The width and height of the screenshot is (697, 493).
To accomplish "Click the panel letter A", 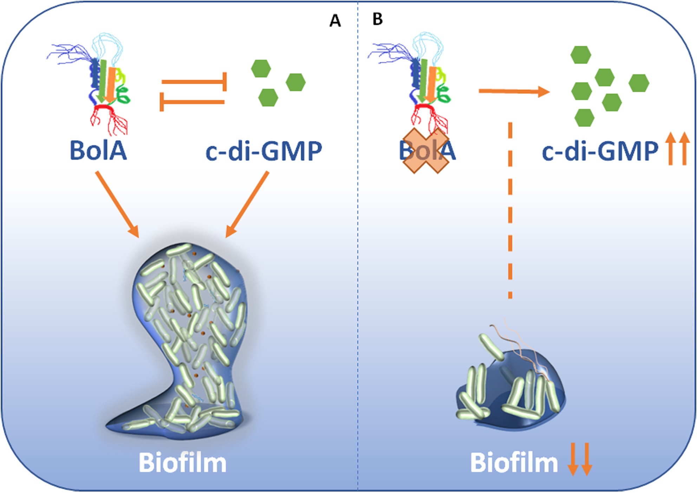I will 335,21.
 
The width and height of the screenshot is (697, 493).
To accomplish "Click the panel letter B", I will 377,19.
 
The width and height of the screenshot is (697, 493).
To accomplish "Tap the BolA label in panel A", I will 98,151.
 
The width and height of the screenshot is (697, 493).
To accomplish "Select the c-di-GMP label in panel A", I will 263,151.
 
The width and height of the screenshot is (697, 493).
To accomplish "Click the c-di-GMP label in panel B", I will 600,151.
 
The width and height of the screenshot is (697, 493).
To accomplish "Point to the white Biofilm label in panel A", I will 182,463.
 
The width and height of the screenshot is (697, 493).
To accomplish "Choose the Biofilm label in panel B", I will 514,463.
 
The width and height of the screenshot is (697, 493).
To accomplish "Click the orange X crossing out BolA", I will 425,151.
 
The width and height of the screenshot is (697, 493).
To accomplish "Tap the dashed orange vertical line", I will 510,211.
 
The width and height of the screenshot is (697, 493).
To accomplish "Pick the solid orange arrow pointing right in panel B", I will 514,91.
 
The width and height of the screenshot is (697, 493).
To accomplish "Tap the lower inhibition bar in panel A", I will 192,102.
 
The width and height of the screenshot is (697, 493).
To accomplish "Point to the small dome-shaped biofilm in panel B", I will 509,390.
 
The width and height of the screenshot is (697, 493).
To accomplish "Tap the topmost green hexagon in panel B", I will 580,55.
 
